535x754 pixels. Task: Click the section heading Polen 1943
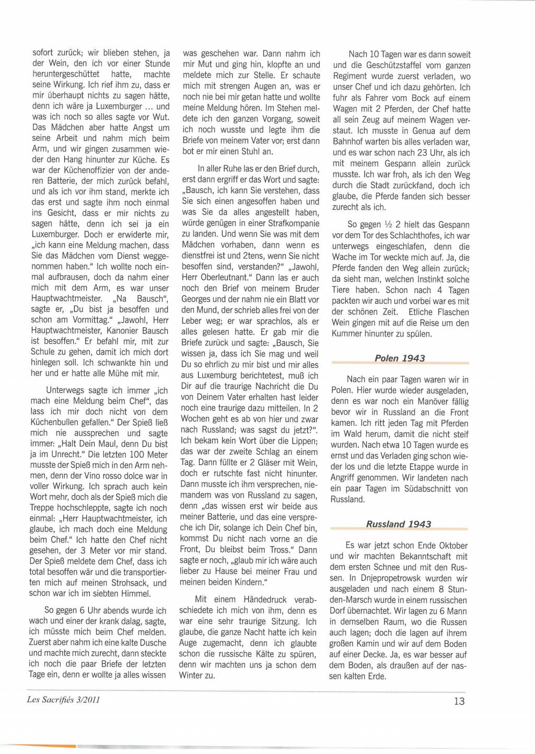click(400, 358)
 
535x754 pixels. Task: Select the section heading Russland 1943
click(399, 524)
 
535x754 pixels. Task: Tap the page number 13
click(459, 701)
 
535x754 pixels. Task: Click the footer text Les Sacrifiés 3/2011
click(63, 700)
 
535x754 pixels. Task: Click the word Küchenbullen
click(54, 422)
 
